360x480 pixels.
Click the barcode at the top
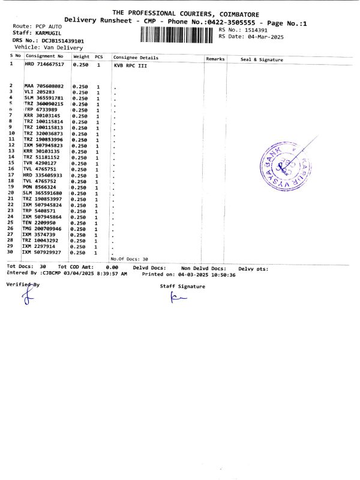178,34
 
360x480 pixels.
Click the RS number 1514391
254,29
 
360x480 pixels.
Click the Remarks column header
215,59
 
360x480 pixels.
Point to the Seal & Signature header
261,59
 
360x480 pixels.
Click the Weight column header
81,57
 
